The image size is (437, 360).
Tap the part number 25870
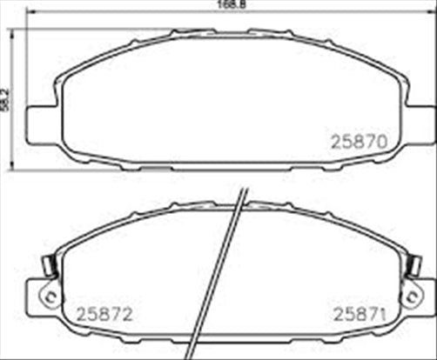pyautogui.click(x=360, y=139)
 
